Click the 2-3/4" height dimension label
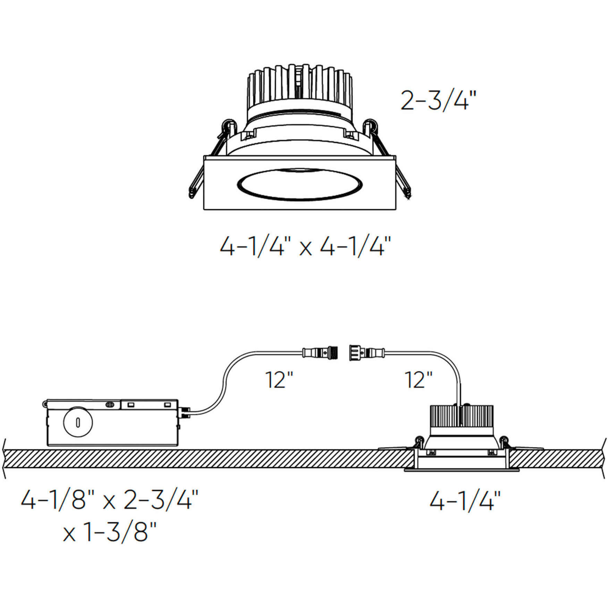[x=436, y=100]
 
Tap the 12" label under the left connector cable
[x=279, y=380]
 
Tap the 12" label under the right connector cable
[x=419, y=380]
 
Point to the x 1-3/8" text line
[x=110, y=532]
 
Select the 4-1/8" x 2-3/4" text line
[x=109, y=500]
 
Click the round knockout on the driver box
[x=78, y=422]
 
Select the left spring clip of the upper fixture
[x=210, y=160]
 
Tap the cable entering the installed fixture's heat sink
[x=460, y=385]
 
